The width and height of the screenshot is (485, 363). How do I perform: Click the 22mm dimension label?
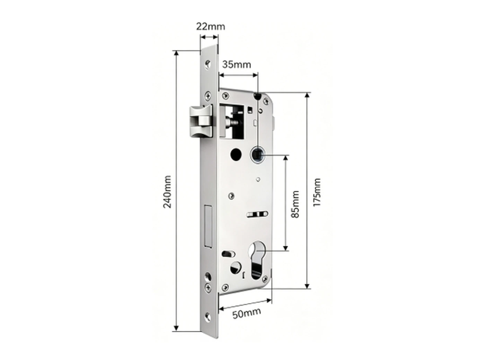(210, 27)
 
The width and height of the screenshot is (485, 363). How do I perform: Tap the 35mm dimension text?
(236, 65)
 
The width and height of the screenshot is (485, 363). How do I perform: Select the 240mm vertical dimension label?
(167, 192)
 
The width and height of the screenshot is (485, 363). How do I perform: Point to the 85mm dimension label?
(295, 204)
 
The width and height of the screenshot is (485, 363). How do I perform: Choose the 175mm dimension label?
(317, 192)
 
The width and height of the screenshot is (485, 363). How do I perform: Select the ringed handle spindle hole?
(257, 154)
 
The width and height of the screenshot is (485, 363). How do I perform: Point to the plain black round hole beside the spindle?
(236, 154)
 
